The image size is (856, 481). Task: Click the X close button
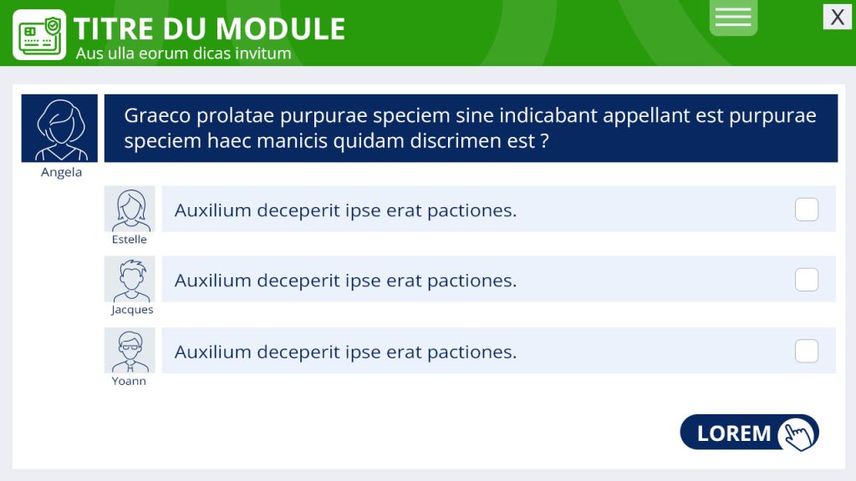pyautogui.click(x=837, y=17)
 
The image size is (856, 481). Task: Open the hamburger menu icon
pyautogui.click(x=733, y=17)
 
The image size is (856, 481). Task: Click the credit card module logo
pyautogui.click(x=39, y=34)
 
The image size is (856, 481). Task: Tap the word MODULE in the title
pyautogui.click(x=281, y=29)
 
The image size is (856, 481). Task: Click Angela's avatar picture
pyautogui.click(x=59, y=128)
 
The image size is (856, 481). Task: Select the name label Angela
pyautogui.click(x=61, y=172)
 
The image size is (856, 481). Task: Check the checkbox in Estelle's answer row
pyautogui.click(x=807, y=210)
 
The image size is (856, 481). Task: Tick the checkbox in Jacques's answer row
pyautogui.click(x=807, y=280)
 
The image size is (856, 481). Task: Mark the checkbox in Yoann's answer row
pyautogui.click(x=807, y=352)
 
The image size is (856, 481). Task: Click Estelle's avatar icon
pyautogui.click(x=130, y=209)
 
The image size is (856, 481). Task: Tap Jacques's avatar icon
pyautogui.click(x=130, y=279)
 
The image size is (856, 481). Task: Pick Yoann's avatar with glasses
pyautogui.click(x=130, y=351)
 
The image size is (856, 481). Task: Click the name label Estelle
pyautogui.click(x=130, y=240)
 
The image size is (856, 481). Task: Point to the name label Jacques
pyautogui.click(x=132, y=310)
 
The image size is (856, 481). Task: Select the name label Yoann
pyautogui.click(x=129, y=381)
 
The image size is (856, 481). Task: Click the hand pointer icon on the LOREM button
pyautogui.click(x=798, y=434)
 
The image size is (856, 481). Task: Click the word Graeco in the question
pyautogui.click(x=157, y=115)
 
